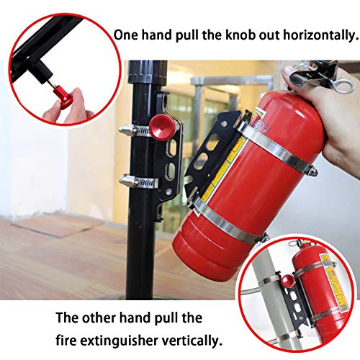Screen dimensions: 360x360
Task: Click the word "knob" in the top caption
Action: tap(246, 34)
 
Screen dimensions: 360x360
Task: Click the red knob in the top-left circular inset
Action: tap(69, 95)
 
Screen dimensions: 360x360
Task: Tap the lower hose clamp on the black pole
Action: tap(137, 181)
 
